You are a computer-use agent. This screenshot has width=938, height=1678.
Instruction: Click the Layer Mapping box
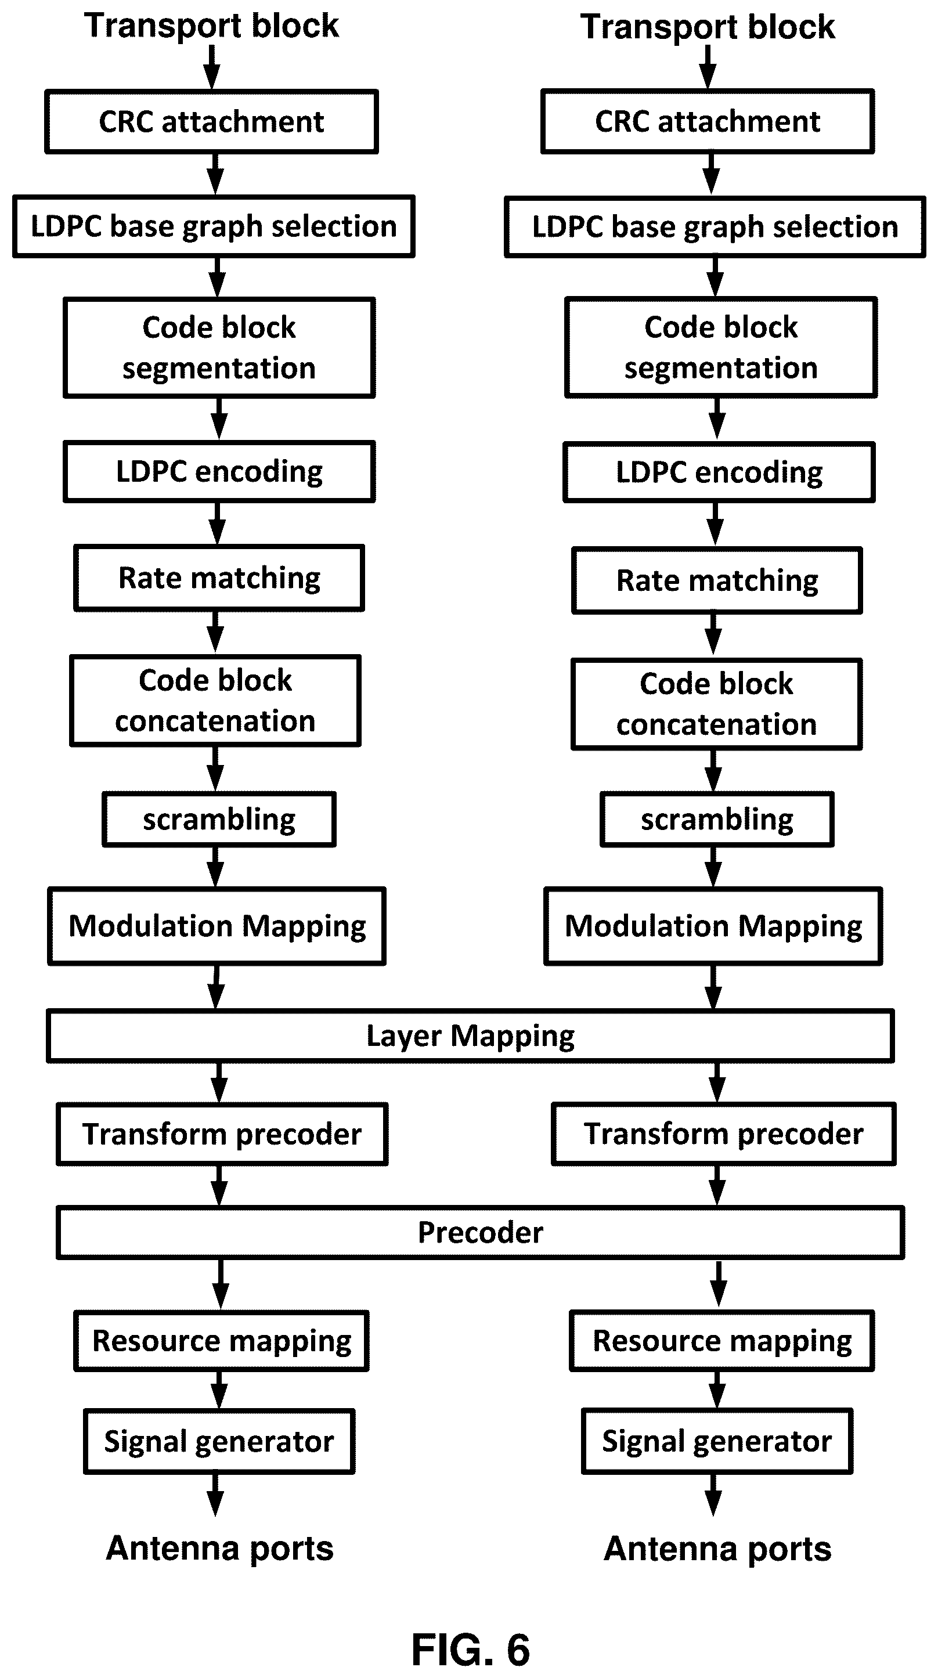(x=470, y=1035)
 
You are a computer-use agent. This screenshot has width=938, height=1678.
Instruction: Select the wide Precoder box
(x=480, y=1232)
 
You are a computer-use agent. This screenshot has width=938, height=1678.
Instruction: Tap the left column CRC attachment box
(x=212, y=122)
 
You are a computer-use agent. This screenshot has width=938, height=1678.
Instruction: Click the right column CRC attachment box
(x=708, y=122)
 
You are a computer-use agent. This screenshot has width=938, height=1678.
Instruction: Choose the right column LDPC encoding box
(x=719, y=472)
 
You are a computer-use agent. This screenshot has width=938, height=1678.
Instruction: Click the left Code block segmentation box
(x=219, y=348)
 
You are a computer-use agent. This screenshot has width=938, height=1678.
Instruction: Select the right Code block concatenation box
(x=716, y=704)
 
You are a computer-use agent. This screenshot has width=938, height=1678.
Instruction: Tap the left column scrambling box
(x=219, y=820)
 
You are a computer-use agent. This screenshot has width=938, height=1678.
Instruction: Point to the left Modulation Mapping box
(x=217, y=926)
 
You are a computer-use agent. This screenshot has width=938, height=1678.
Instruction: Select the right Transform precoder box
(x=724, y=1134)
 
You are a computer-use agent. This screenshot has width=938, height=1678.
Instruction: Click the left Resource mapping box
(x=222, y=1341)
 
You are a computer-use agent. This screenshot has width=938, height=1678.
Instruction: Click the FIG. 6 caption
(x=470, y=1650)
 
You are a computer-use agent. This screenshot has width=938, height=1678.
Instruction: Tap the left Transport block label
(x=212, y=26)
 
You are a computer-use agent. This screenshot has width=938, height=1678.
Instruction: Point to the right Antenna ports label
(x=717, y=1549)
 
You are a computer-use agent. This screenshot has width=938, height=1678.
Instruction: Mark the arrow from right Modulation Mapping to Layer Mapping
(x=713, y=987)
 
